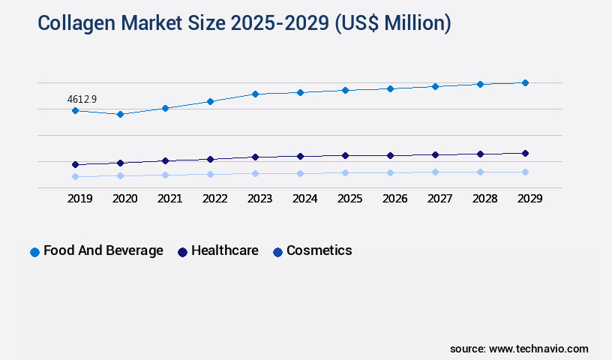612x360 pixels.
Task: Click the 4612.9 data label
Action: tap(82, 98)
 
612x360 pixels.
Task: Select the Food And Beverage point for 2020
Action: tap(120, 114)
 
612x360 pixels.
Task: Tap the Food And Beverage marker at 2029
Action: tap(525, 82)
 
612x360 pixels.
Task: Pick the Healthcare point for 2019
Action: tap(75, 164)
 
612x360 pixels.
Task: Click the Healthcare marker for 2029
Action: tap(525, 153)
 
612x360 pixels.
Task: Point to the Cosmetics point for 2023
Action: tap(255, 173)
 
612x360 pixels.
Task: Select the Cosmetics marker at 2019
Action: tap(75, 176)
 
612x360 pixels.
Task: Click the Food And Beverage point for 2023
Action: tap(255, 94)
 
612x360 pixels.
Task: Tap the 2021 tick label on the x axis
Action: tap(169, 199)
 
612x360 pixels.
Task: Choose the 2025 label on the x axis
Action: tap(349, 199)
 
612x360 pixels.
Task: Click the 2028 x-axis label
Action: tap(484, 199)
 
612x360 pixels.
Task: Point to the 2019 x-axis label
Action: tap(79, 199)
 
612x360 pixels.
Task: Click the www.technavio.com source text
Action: tap(538, 349)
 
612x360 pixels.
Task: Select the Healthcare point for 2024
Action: tap(300, 156)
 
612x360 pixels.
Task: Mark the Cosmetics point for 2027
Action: tap(435, 172)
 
